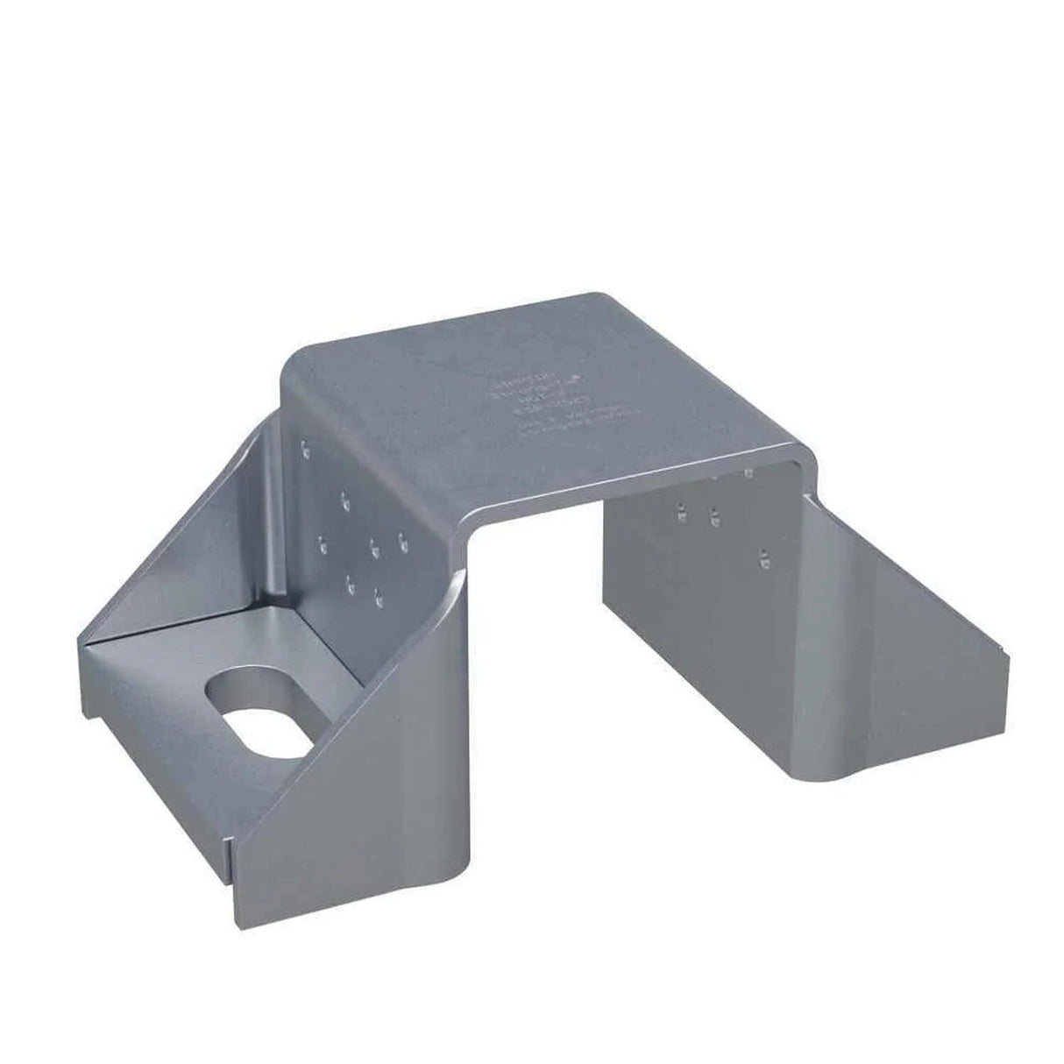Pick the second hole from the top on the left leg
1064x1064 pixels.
[x=344, y=500]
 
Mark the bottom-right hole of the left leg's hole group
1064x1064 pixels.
[x=379, y=599]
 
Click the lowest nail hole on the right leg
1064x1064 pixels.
[x=763, y=556]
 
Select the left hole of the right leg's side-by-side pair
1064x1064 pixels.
[x=680, y=509]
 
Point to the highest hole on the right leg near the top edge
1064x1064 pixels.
[x=748, y=473]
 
